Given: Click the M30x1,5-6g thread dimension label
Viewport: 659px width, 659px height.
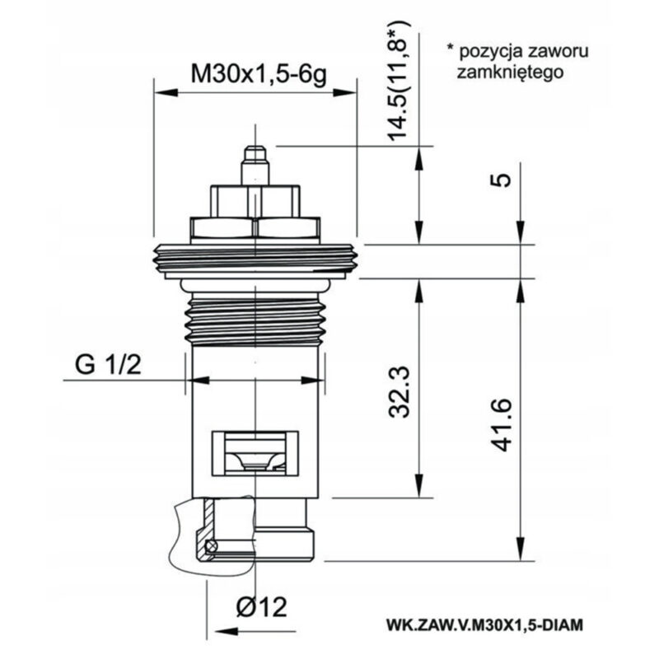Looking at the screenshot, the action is click(258, 75).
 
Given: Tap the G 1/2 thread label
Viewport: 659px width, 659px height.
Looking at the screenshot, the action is click(108, 364).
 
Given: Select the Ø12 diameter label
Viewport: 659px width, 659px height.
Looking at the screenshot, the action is click(261, 607).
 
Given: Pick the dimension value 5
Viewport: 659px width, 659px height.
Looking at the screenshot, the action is click(501, 180).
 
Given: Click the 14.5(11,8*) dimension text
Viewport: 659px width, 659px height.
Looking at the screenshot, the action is click(398, 79).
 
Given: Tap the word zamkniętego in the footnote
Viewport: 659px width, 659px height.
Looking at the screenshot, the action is click(510, 72).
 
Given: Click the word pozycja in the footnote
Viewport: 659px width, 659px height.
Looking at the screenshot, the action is click(490, 52).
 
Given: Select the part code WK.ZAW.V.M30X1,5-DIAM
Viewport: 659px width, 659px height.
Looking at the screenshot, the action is click(484, 624).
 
